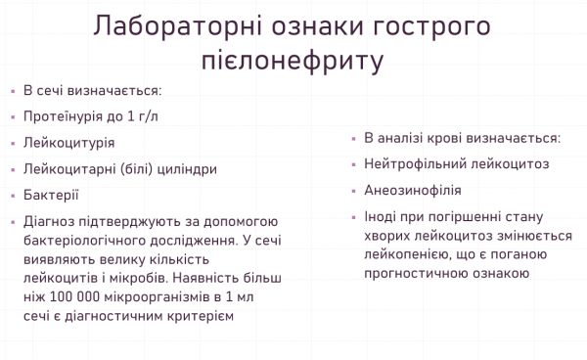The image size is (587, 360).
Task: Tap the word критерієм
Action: [x=198, y=316]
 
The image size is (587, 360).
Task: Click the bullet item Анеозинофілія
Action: [x=412, y=190]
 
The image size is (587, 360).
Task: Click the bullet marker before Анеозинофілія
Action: [x=354, y=190]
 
